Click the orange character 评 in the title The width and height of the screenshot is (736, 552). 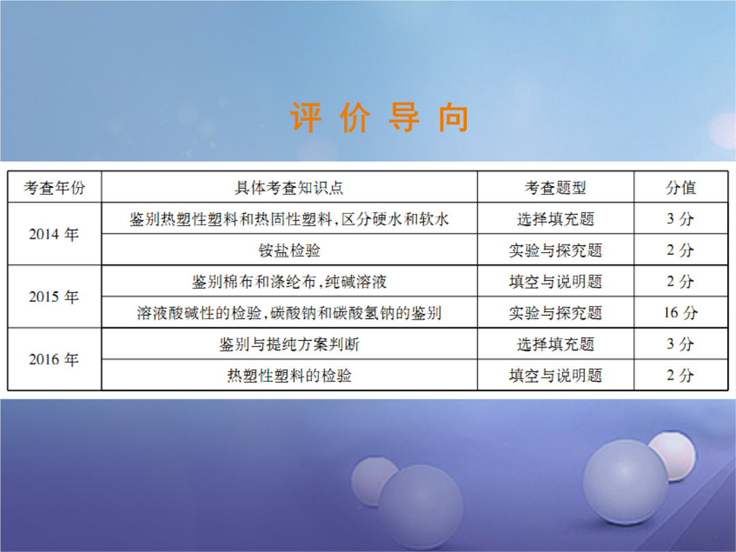pos(306,117)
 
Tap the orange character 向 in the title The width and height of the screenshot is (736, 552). pos(453,117)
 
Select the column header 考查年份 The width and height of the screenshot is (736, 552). pos(55,188)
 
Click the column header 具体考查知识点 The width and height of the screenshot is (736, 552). pos(289,188)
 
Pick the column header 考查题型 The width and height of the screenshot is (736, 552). pos(555,188)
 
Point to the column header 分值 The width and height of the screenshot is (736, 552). pos(681,188)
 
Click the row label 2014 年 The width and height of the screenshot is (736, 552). pos(54,234)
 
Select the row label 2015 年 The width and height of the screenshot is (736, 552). pos(54,296)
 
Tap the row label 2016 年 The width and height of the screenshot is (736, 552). pos(54,359)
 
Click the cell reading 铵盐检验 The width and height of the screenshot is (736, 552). pos(289,250)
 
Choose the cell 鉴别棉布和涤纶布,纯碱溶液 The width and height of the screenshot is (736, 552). pos(289,281)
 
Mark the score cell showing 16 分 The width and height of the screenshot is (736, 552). pos(681,313)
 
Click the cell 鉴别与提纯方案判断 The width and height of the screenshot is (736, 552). pos(289,344)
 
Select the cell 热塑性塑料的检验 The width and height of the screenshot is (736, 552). pos(289,375)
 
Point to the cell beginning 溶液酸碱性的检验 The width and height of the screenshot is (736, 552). pos(289,313)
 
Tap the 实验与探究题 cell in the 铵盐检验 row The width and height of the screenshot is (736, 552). pos(555,250)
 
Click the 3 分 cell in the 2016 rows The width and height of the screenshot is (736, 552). pos(681,344)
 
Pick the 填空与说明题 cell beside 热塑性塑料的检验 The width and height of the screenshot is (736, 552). pos(555,375)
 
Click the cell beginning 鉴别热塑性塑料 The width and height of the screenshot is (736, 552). pos(289,219)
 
